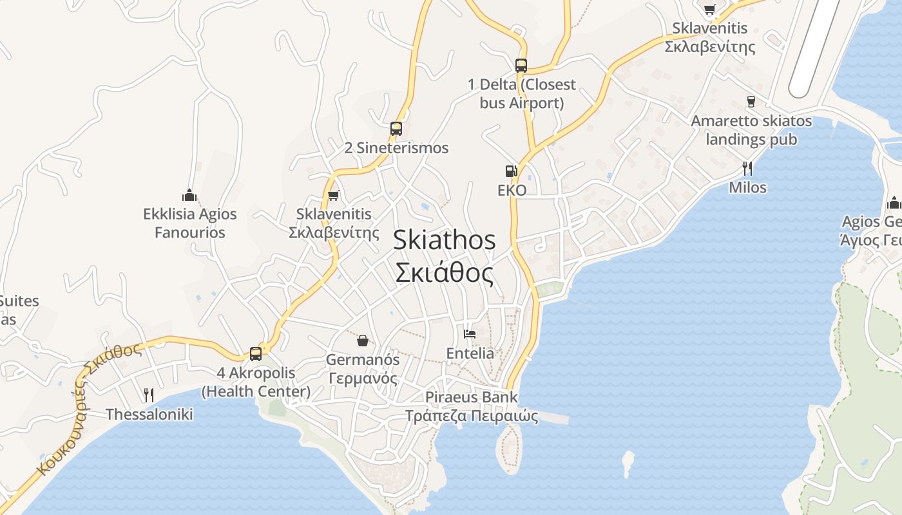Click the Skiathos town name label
click(444, 256)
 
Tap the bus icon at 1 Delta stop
click(521, 66)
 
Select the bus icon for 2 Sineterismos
click(396, 129)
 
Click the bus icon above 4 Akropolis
click(256, 353)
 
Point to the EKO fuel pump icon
click(512, 171)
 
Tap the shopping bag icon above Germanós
click(363, 340)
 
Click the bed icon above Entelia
click(470, 334)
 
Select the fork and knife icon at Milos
click(747, 169)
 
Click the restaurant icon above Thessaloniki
click(149, 395)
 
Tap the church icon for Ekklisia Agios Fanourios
click(189, 194)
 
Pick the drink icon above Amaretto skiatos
click(751, 101)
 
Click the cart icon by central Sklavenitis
click(333, 195)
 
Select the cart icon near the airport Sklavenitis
click(709, 9)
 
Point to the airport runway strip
click(816, 45)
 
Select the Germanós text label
click(363, 369)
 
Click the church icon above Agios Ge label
click(894, 203)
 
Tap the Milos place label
click(747, 187)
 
